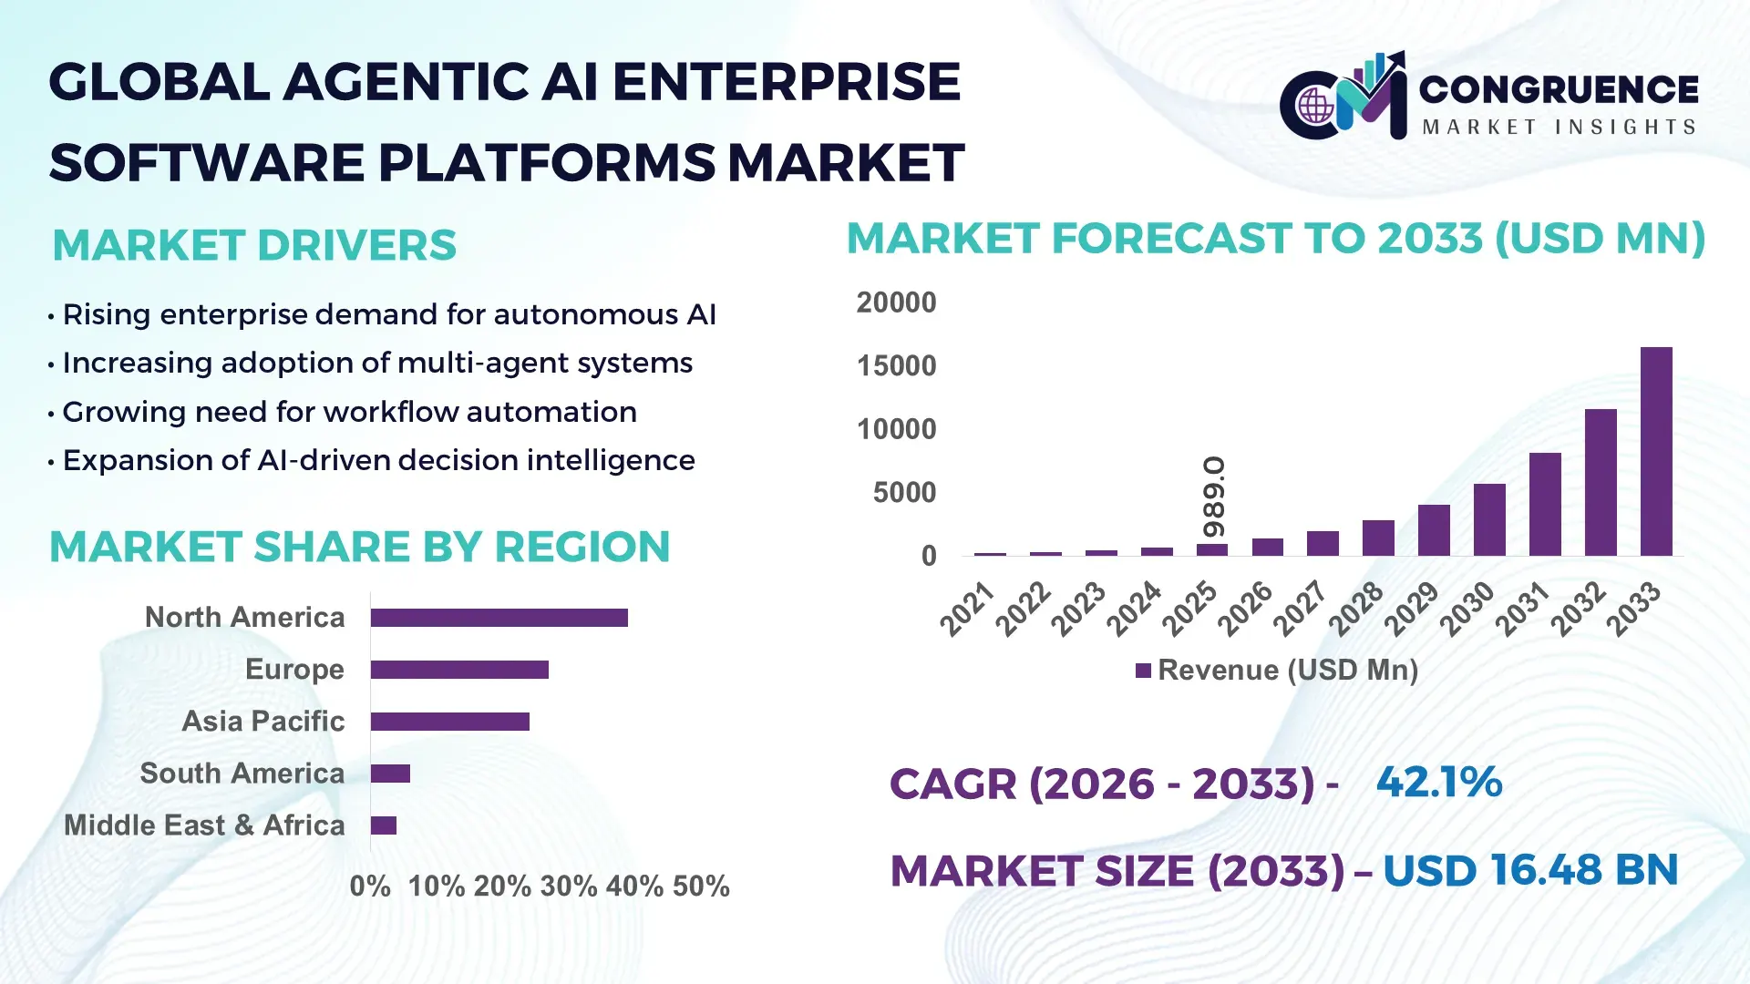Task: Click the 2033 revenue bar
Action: pyautogui.click(x=1656, y=452)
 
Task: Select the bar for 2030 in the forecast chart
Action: pyautogui.click(x=1489, y=519)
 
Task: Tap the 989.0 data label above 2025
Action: pyautogui.click(x=1213, y=497)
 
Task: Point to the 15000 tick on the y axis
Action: pyautogui.click(x=896, y=366)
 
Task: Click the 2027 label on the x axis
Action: pyautogui.click(x=1300, y=609)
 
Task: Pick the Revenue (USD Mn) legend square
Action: pyautogui.click(x=1143, y=671)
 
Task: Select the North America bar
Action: pyautogui.click(x=499, y=618)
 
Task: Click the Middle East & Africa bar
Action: pyautogui.click(x=384, y=825)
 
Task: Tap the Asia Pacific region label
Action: pyautogui.click(x=262, y=722)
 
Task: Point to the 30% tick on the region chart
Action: pyautogui.click(x=568, y=887)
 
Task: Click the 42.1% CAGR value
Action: pyautogui.click(x=1438, y=783)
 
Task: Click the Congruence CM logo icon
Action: pyautogui.click(x=1343, y=97)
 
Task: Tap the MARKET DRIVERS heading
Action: pyautogui.click(x=254, y=245)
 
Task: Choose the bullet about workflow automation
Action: pyautogui.click(x=349, y=412)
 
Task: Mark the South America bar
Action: pyautogui.click(x=390, y=774)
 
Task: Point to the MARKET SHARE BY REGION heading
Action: pyautogui.click(x=359, y=547)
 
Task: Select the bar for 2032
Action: pyautogui.click(x=1601, y=483)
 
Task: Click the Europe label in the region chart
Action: pyautogui.click(x=294, y=670)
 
